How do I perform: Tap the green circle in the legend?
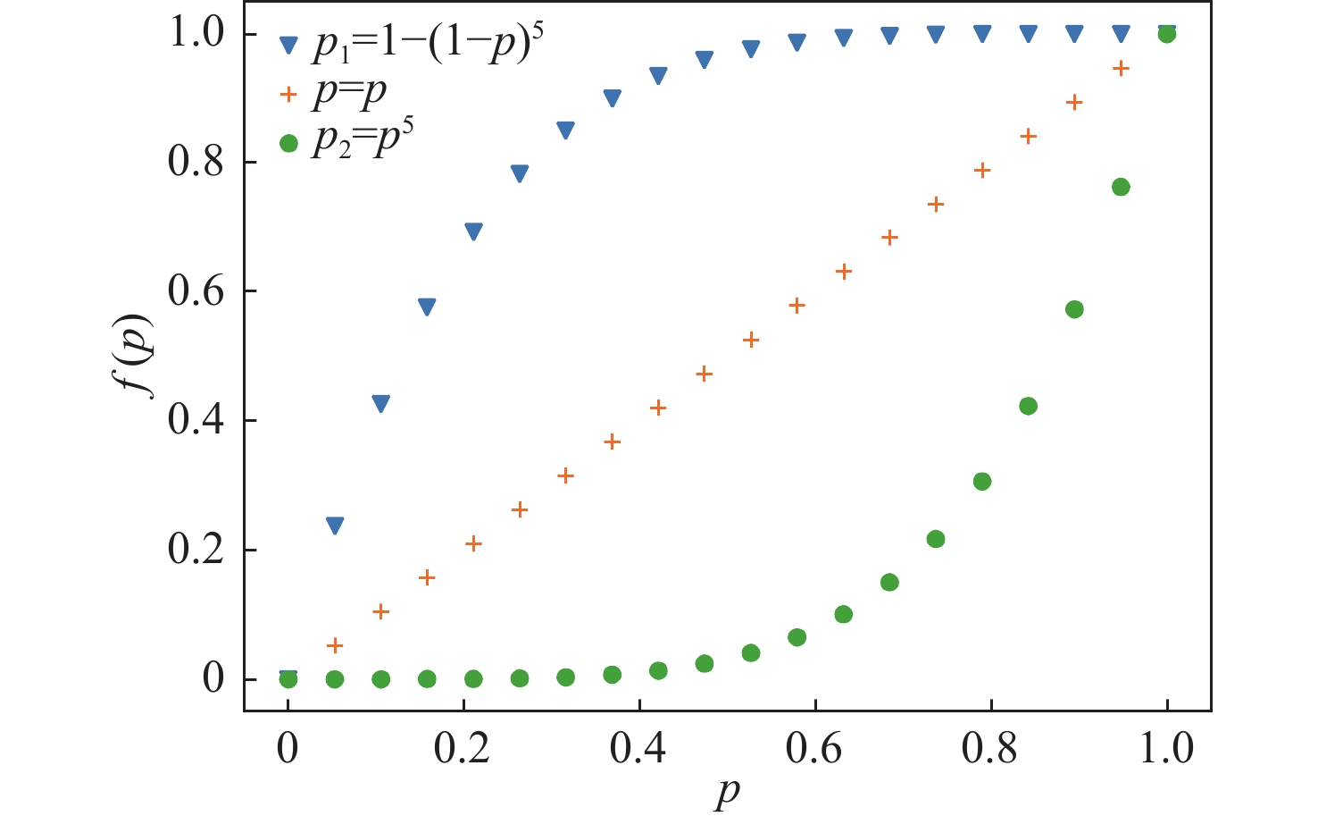[288, 143]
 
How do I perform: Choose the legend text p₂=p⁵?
[363, 139]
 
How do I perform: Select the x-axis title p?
[726, 793]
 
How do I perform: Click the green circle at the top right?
[1166, 34]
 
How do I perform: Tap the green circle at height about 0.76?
[1121, 187]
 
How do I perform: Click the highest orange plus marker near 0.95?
[1121, 68]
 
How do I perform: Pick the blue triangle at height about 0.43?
[381, 404]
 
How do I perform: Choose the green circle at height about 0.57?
[1074, 309]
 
